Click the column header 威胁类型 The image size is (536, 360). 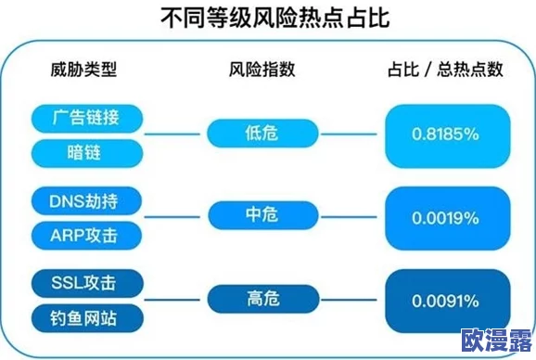[x=85, y=71]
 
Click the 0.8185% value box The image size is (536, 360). [x=446, y=135]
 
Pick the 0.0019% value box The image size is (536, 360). [x=446, y=218]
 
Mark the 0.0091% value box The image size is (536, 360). [x=446, y=301]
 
